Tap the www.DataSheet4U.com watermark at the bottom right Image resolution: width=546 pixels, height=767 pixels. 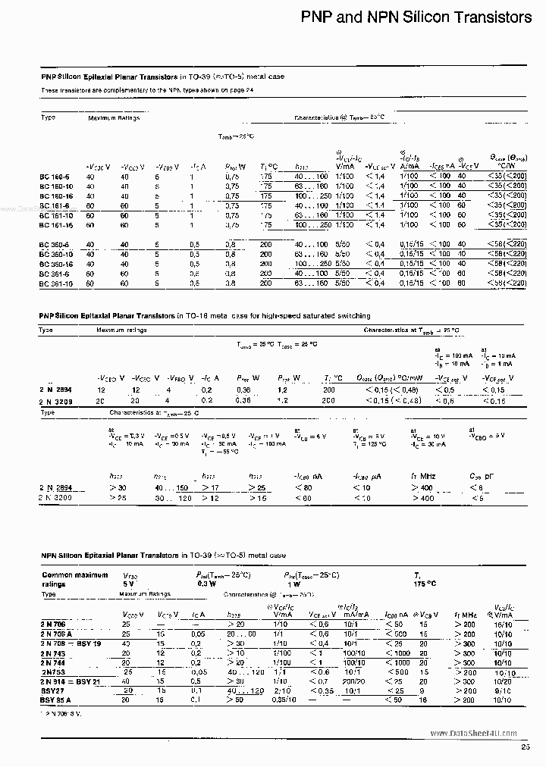pyautogui.click(x=482, y=734)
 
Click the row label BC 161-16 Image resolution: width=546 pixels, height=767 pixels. pyautogui.click(x=55, y=224)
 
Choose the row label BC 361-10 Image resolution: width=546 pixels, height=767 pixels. pyautogui.click(x=55, y=283)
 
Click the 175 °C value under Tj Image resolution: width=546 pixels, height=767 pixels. pyautogui.click(x=424, y=584)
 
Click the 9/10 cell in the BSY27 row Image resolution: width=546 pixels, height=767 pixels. pyautogui.click(x=503, y=691)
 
